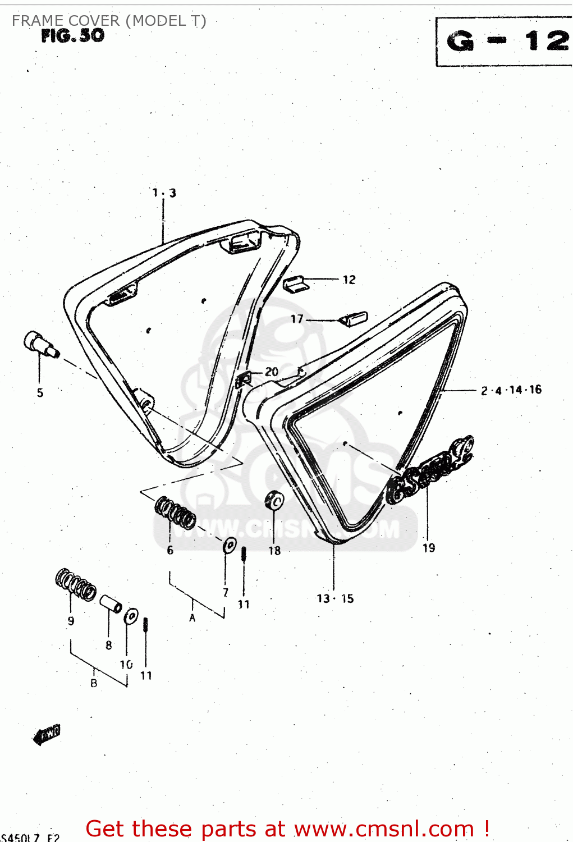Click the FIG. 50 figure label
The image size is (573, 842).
73,36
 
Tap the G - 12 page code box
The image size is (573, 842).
505,42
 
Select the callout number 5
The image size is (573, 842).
40,392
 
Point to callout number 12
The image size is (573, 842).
349,280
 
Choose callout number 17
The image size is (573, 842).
297,319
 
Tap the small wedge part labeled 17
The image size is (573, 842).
354,319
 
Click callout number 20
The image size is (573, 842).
272,372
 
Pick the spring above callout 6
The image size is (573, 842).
175,512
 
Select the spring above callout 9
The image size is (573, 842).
76,584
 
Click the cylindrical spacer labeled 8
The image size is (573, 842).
111,604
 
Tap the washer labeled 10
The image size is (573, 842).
131,616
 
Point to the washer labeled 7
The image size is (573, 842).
230,544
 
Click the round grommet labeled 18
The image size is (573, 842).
274,500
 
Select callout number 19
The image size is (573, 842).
429,548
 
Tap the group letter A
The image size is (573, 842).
192,618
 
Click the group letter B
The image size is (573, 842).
94,683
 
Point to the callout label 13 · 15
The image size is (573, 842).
335,598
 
